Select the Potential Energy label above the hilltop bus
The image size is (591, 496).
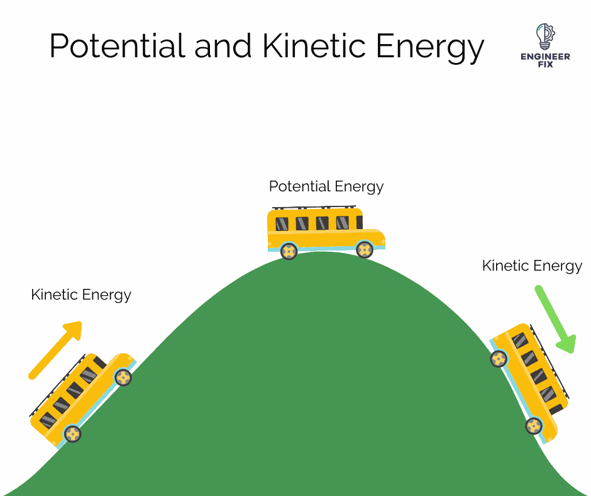click(326, 186)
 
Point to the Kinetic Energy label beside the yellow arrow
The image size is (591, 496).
click(81, 294)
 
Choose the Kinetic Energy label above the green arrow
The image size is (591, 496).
click(532, 266)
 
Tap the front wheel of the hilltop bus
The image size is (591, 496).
click(365, 250)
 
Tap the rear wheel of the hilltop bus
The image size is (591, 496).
click(289, 251)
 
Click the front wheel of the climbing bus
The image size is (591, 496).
click(123, 377)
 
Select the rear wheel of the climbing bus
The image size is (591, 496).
click(73, 434)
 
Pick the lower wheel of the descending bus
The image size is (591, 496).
click(534, 426)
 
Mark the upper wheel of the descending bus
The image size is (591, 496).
click(499, 359)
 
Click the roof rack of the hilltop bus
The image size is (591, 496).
click(314, 207)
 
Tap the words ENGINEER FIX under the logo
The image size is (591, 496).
click(544, 60)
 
